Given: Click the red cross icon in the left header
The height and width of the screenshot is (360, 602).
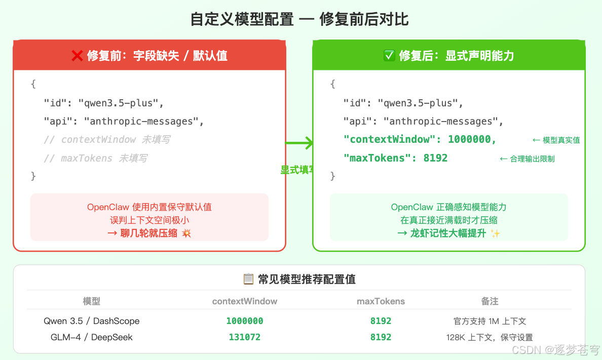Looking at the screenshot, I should [77, 56].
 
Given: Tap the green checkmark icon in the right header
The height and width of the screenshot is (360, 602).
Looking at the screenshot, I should [389, 56].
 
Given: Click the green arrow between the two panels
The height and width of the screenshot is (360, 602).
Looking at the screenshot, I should [299, 143].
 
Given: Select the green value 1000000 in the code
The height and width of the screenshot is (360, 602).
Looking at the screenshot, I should [472, 139].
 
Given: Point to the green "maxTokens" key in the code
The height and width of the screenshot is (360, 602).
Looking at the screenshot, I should [374, 158].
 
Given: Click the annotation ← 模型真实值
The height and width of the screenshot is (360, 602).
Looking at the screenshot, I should [556, 140].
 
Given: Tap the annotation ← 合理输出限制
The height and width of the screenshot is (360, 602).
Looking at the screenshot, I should [527, 159].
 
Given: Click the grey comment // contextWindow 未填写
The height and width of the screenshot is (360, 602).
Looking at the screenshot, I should [107, 140].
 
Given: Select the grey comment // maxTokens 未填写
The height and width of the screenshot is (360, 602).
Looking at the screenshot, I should [95, 158].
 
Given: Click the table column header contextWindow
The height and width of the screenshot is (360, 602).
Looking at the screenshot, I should [245, 301].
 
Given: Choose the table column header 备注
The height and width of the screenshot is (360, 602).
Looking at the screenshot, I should [490, 301].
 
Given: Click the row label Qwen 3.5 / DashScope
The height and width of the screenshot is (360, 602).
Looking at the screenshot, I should [92, 321].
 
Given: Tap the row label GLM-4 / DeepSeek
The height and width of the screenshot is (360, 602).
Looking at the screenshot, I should [92, 337].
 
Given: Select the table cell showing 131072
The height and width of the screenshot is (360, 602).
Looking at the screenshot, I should [245, 337].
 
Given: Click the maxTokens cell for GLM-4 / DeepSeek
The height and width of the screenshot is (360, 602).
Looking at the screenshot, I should [381, 337].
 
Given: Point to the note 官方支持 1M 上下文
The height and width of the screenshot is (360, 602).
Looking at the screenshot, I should [490, 321].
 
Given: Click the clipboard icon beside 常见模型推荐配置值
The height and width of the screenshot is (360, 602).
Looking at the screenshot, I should [248, 279].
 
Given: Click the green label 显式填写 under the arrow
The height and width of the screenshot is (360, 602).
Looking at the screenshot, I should [297, 170].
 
